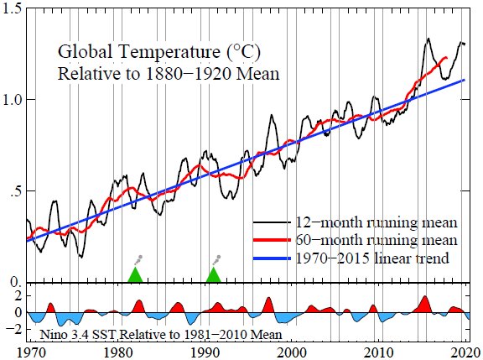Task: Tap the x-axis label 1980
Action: coord(117,352)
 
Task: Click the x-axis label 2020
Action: coord(464,352)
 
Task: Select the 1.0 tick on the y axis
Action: coord(13,99)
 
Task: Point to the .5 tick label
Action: coord(17,191)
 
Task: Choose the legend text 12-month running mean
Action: coord(376,223)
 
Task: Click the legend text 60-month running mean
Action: coord(376,242)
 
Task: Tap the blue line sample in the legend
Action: coord(271,259)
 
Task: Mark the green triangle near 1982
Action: coord(135,275)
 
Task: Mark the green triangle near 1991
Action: coord(214,275)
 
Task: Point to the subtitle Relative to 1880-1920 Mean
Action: coord(168,73)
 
